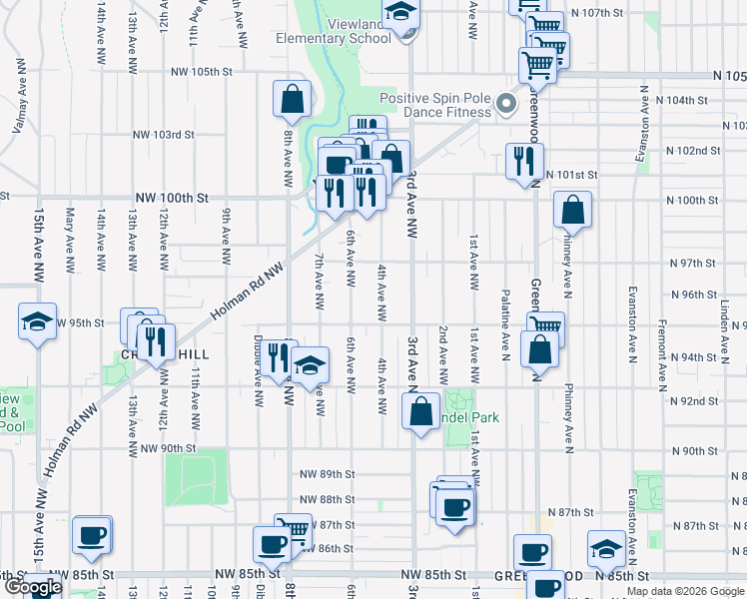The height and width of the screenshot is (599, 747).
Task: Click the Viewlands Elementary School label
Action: tap(334, 30)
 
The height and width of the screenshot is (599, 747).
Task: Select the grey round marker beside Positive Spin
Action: tap(506, 104)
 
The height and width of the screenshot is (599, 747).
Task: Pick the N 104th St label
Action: tap(686, 101)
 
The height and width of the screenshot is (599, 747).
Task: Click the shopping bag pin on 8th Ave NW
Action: tap(291, 99)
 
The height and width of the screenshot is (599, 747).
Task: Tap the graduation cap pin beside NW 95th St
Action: tap(37, 324)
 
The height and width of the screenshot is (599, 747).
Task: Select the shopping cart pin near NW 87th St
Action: tap(293, 529)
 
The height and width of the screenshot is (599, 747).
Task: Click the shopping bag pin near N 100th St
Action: tap(573, 210)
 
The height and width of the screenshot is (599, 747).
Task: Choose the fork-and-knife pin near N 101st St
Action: tap(523, 161)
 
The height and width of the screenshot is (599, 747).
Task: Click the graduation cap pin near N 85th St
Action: tap(605, 548)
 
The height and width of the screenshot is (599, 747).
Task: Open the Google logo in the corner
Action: tap(32, 588)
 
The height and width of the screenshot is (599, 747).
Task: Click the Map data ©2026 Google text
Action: tap(685, 591)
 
